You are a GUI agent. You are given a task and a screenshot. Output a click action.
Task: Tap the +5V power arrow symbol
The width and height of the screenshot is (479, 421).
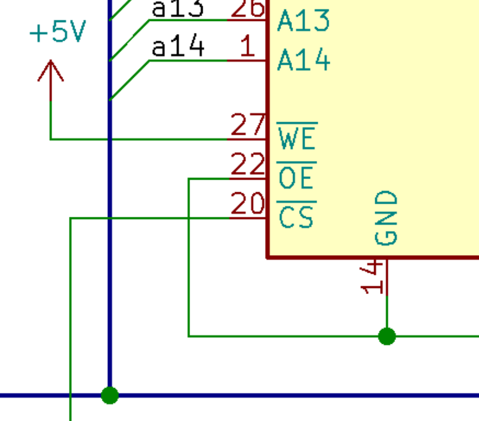(x=51, y=72)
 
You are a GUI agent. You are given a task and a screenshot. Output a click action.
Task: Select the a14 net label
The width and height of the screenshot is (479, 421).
(x=179, y=47)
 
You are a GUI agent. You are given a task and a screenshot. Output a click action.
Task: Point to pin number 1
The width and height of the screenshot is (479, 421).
(x=247, y=47)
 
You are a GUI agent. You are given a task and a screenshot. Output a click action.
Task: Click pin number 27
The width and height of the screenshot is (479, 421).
(x=248, y=125)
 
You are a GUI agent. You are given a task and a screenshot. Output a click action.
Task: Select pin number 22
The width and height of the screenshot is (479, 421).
(x=248, y=165)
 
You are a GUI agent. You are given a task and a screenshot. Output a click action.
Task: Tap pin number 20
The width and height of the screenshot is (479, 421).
(x=248, y=205)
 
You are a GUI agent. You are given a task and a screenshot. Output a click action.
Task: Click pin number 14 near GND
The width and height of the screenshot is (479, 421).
(x=373, y=277)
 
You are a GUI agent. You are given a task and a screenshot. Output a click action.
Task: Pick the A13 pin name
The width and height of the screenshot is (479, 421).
(x=303, y=22)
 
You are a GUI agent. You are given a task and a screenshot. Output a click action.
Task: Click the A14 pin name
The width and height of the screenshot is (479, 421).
(x=303, y=60)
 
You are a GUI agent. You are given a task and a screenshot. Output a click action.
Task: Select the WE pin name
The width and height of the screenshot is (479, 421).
(x=297, y=138)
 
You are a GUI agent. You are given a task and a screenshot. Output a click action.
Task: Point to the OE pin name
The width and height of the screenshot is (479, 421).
(x=297, y=178)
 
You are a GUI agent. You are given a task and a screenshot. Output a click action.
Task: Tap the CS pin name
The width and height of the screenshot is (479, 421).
(x=297, y=217)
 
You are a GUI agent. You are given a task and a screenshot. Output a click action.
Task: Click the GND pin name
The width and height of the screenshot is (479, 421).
(x=387, y=218)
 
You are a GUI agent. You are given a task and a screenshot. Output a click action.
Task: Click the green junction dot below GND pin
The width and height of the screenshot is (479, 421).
(x=387, y=336)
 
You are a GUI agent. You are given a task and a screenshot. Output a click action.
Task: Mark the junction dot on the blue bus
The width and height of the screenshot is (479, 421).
(x=110, y=395)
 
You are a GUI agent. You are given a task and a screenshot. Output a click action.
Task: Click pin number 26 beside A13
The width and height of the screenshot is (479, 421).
(x=248, y=8)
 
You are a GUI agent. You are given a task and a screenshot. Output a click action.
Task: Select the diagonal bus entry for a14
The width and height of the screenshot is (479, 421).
(x=129, y=80)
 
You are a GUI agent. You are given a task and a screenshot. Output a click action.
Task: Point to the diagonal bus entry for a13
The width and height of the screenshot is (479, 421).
(x=129, y=40)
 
